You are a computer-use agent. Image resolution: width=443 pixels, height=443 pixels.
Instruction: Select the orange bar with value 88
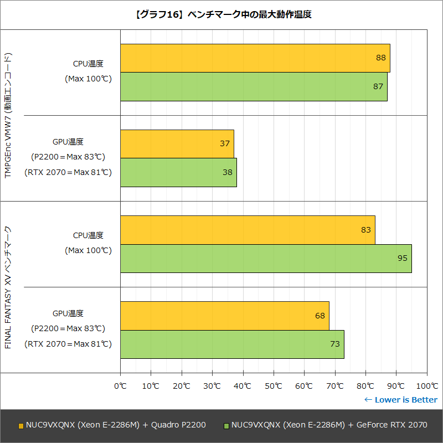click(x=255, y=58)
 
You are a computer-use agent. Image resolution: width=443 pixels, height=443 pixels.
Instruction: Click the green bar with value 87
click(x=254, y=87)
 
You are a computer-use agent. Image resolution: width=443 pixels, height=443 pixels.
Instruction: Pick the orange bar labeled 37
click(x=177, y=144)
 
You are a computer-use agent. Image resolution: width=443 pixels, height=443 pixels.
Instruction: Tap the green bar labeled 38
click(x=178, y=173)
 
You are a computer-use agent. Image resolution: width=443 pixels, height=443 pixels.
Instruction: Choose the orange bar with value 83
click(x=248, y=230)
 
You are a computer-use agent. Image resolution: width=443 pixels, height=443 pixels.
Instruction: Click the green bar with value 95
click(x=266, y=259)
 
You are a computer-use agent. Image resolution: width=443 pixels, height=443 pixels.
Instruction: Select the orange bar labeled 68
click(x=224, y=316)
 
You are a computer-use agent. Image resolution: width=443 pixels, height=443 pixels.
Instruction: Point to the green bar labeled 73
click(x=232, y=344)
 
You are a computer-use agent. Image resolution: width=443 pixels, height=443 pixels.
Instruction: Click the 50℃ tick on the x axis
click(x=274, y=385)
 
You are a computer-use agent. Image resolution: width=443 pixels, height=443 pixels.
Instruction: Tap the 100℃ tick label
click(x=426, y=385)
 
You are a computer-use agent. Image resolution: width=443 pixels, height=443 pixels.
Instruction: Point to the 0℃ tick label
click(x=120, y=385)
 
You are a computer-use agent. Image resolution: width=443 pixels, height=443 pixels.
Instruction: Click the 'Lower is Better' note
click(x=400, y=400)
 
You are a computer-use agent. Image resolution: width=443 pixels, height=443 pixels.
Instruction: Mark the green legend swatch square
click(x=226, y=426)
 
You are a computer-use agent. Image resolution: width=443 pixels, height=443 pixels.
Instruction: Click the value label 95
click(x=402, y=259)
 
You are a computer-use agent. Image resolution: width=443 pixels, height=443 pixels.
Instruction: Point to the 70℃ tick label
click(x=334, y=385)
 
